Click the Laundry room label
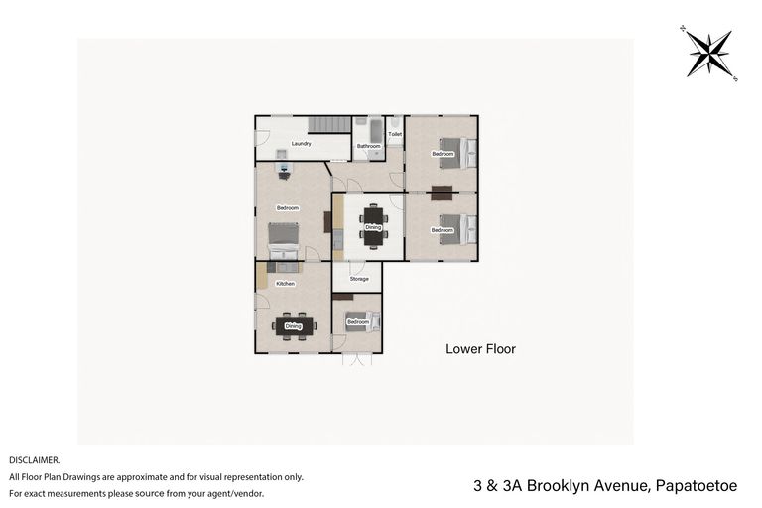coord(302,144)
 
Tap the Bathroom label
coord(369,146)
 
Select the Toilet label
coord(395,133)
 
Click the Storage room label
coord(358,279)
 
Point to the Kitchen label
coord(286,284)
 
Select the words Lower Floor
coord(480,349)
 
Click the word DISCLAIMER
coord(35,460)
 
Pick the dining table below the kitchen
coord(294,325)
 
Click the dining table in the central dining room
coord(372,226)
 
